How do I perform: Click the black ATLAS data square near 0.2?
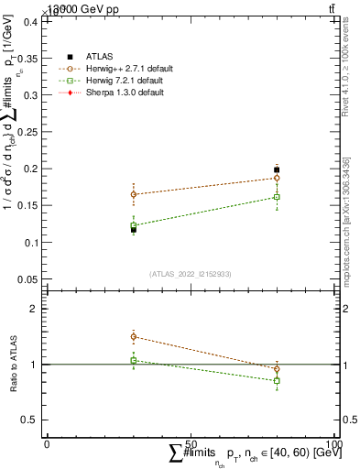click(277, 169)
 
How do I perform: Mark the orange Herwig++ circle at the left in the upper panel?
click(134, 194)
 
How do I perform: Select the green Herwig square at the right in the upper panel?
click(277, 197)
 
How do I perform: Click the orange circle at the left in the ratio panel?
click(134, 337)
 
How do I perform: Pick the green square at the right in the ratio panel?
click(277, 380)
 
